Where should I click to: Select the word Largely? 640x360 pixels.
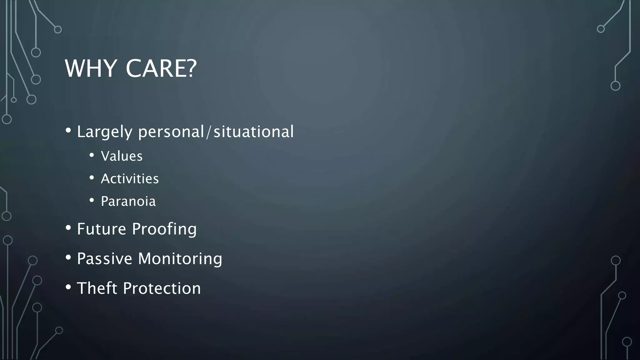pos(105,132)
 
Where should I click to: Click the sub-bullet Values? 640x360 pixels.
pos(122,156)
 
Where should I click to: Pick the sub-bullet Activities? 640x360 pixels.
pos(130,179)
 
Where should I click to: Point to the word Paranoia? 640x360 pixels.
pos(128,201)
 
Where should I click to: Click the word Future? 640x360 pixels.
pos(102,229)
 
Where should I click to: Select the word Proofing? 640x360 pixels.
pos(164,229)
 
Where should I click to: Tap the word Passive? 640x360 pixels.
pos(105,259)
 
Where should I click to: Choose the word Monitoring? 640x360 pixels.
pos(180,259)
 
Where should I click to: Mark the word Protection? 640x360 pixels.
pos(162,288)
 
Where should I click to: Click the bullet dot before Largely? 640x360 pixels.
pos(68,130)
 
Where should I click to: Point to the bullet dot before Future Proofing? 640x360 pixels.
pos(68,227)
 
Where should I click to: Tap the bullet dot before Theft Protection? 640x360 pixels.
pos(68,287)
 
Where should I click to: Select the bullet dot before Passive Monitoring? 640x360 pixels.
pos(68,257)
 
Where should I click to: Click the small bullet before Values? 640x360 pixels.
pos(92,155)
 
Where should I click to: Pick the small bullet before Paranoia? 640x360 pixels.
pos(92,200)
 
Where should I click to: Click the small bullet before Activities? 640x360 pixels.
pos(92,178)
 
